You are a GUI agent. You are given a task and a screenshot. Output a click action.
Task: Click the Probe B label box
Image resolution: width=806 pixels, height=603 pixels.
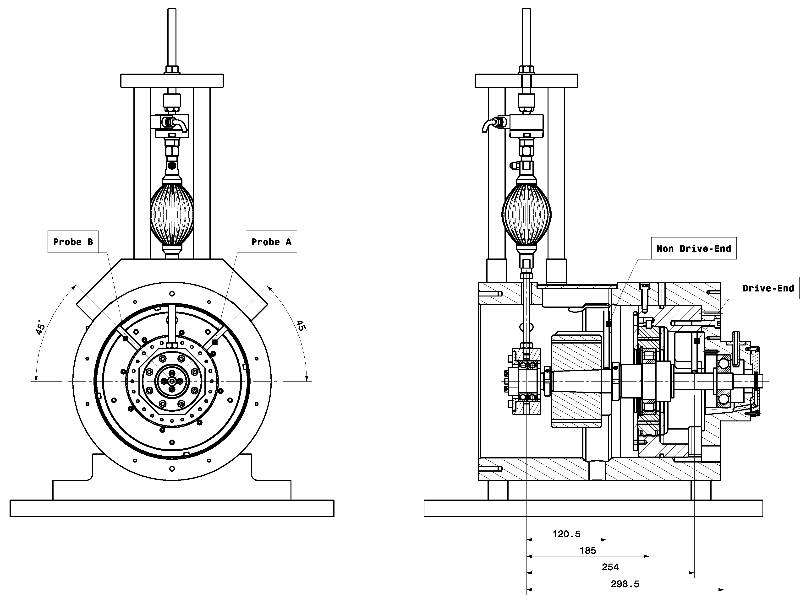click(x=73, y=242)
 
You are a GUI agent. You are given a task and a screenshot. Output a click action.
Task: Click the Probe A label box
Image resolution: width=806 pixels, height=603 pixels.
click(x=271, y=242)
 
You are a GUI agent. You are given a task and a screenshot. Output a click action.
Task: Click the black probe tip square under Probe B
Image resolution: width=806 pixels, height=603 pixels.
click(x=125, y=339)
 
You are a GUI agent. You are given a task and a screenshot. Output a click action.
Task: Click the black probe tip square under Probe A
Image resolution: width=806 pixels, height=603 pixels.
click(x=215, y=342)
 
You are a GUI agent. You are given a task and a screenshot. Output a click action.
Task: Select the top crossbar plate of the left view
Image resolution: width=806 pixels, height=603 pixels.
click(x=172, y=81)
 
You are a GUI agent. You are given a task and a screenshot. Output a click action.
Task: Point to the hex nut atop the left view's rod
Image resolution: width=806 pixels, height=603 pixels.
click(x=172, y=69)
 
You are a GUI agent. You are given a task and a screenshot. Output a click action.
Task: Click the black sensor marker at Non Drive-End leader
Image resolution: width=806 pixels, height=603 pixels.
click(x=608, y=324)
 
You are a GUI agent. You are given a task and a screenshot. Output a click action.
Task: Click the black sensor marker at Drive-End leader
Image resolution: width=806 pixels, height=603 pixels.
click(x=697, y=341)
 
